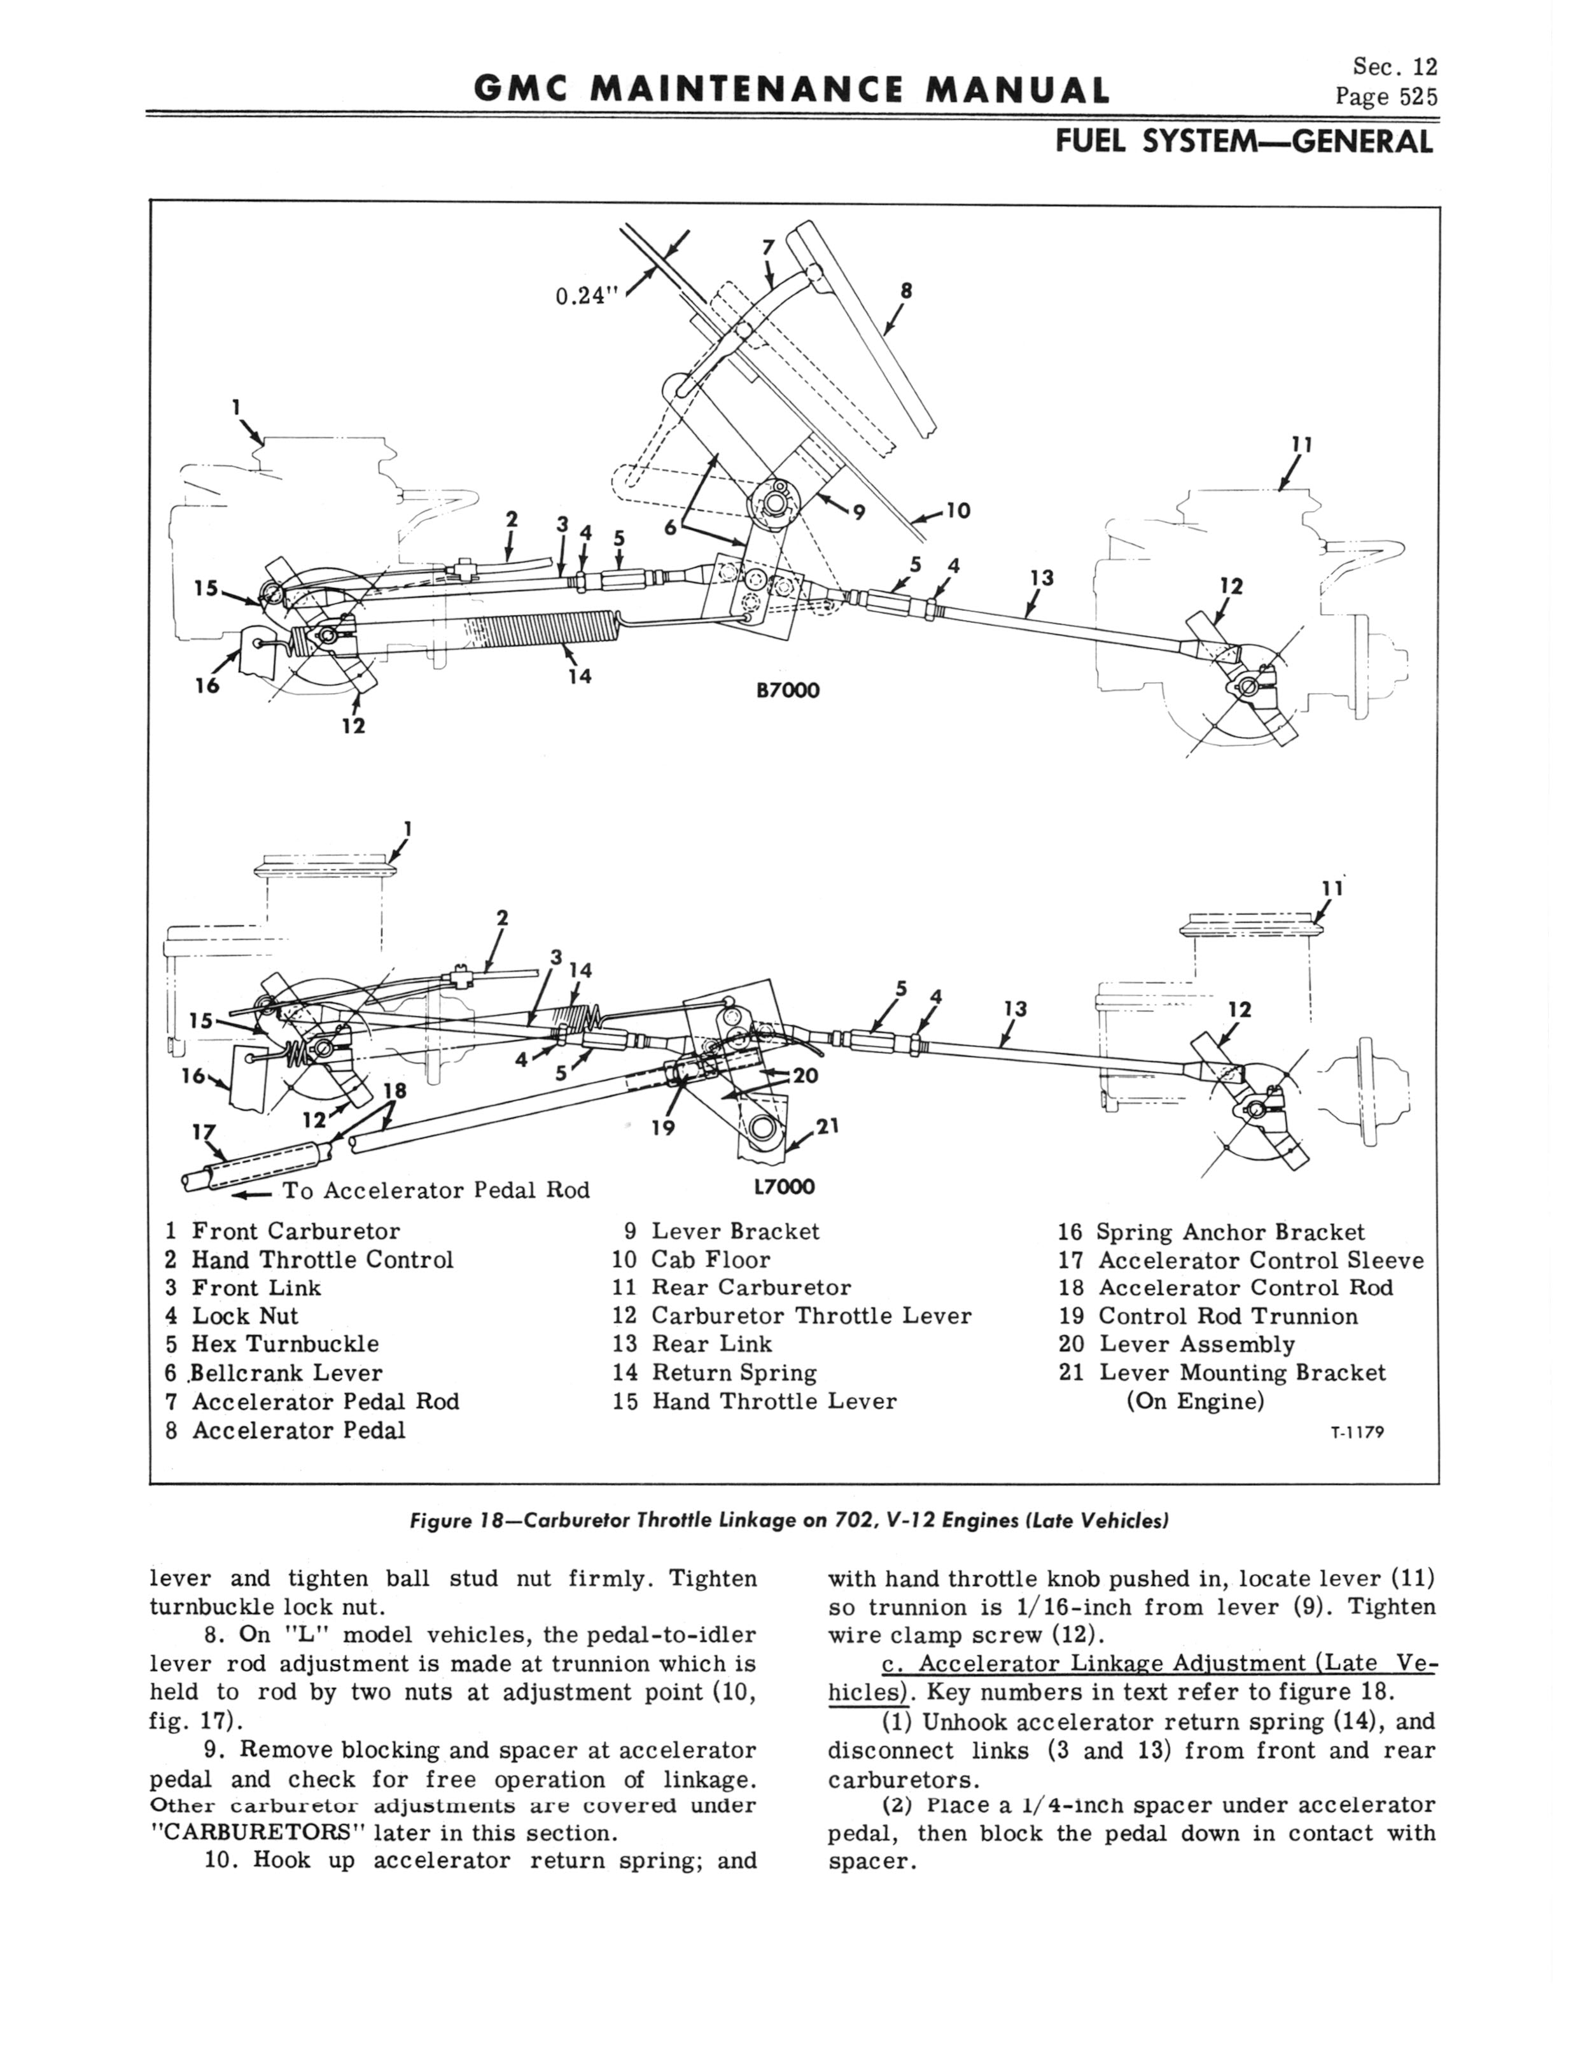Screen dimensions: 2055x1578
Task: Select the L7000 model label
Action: pyautogui.click(x=785, y=1187)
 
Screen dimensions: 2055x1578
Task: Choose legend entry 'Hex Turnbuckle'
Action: pyautogui.click(x=284, y=1344)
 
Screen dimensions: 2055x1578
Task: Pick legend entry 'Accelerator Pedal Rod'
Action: pyautogui.click(x=325, y=1401)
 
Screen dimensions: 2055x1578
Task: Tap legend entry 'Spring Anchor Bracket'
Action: pyautogui.click(x=1231, y=1231)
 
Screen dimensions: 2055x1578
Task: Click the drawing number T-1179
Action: pyautogui.click(x=1357, y=1433)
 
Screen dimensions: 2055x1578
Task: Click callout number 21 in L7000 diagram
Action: pyautogui.click(x=827, y=1125)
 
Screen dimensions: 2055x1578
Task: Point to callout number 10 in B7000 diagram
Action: pyautogui.click(x=957, y=512)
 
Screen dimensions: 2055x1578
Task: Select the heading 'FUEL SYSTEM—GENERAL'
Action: pyautogui.click(x=1245, y=142)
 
